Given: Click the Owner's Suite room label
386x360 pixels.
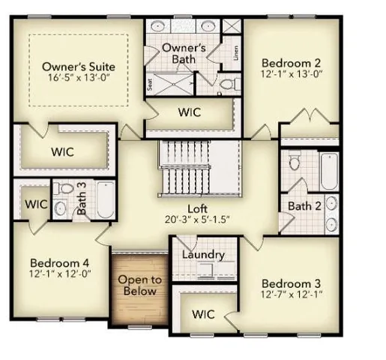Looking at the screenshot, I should click(79, 67).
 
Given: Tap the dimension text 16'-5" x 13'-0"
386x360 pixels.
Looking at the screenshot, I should click(79, 79).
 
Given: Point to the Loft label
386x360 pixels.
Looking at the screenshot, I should click(198, 209).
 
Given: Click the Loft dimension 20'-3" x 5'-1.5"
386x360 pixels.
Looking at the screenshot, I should click(198, 220).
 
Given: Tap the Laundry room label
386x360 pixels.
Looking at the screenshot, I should click(203, 254).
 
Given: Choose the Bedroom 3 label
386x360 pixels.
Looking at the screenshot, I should click(292, 283).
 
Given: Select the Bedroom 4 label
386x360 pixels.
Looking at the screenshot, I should click(59, 263).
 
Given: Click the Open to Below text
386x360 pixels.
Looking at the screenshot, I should click(140, 286).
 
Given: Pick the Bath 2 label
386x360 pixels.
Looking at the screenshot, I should click(305, 205).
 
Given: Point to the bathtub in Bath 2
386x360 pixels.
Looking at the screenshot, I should click(328, 171).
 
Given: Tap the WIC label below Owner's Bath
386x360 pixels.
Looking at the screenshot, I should click(188, 112).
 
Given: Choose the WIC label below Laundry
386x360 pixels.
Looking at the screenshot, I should click(203, 314).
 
